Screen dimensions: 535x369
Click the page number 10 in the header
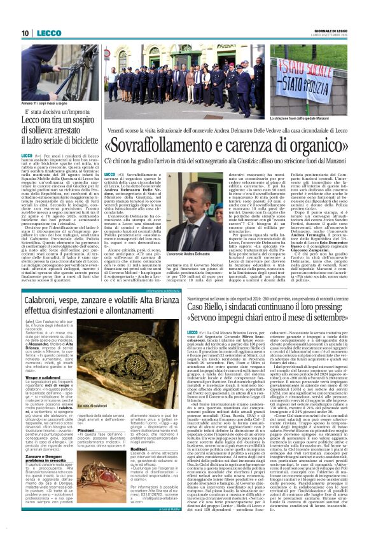(x=25, y=33)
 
